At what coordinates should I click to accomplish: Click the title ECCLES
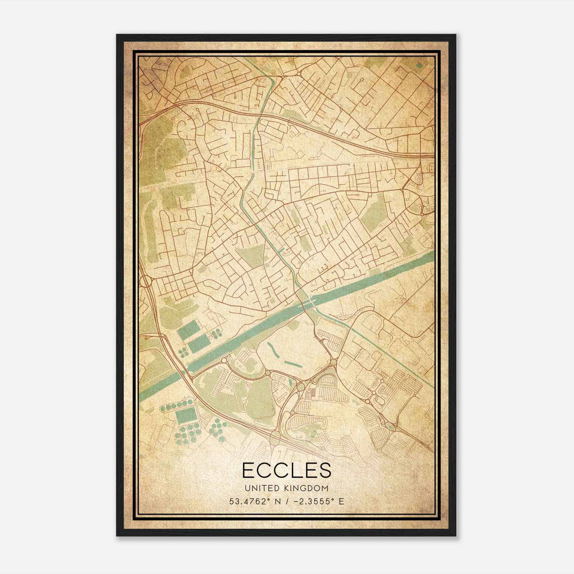coord(287,470)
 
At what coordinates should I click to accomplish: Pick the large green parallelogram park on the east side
coord(374,213)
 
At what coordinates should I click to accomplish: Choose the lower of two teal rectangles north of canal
coord(199,344)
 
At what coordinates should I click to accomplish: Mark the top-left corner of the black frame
coord(117,35)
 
